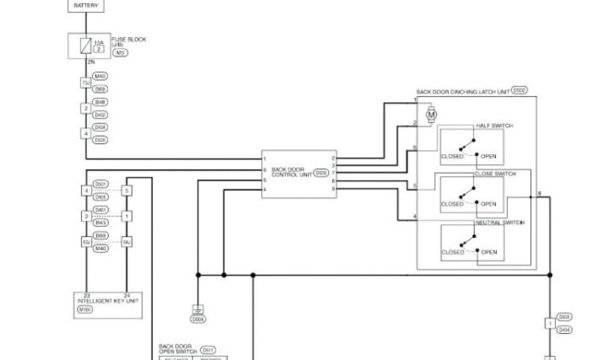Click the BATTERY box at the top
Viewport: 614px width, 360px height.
pyautogui.click(x=86, y=5)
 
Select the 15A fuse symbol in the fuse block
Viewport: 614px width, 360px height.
pyautogui.click(x=86, y=45)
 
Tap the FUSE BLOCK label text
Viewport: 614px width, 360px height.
pyautogui.click(x=128, y=40)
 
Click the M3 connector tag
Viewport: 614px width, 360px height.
pyautogui.click(x=120, y=53)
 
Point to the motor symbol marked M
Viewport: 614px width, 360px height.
pyautogui.click(x=431, y=114)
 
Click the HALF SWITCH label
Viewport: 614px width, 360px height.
pyautogui.click(x=494, y=125)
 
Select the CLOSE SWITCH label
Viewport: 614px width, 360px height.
pyautogui.click(x=495, y=174)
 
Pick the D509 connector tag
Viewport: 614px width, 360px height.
pyautogui.click(x=321, y=173)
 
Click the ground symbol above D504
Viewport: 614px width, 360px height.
pyautogui.click(x=198, y=310)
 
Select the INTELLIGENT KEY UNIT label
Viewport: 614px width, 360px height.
pyautogui.click(x=108, y=301)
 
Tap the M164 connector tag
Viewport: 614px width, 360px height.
pyautogui.click(x=83, y=310)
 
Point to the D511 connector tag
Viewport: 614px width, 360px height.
pyautogui.click(x=208, y=350)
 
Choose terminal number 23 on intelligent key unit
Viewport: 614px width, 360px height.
pyautogui.click(x=86, y=295)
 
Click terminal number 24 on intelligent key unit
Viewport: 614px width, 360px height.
pyautogui.click(x=127, y=295)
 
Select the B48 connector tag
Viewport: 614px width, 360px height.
pyautogui.click(x=100, y=102)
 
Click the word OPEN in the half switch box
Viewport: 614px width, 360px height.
pyautogui.click(x=488, y=156)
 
